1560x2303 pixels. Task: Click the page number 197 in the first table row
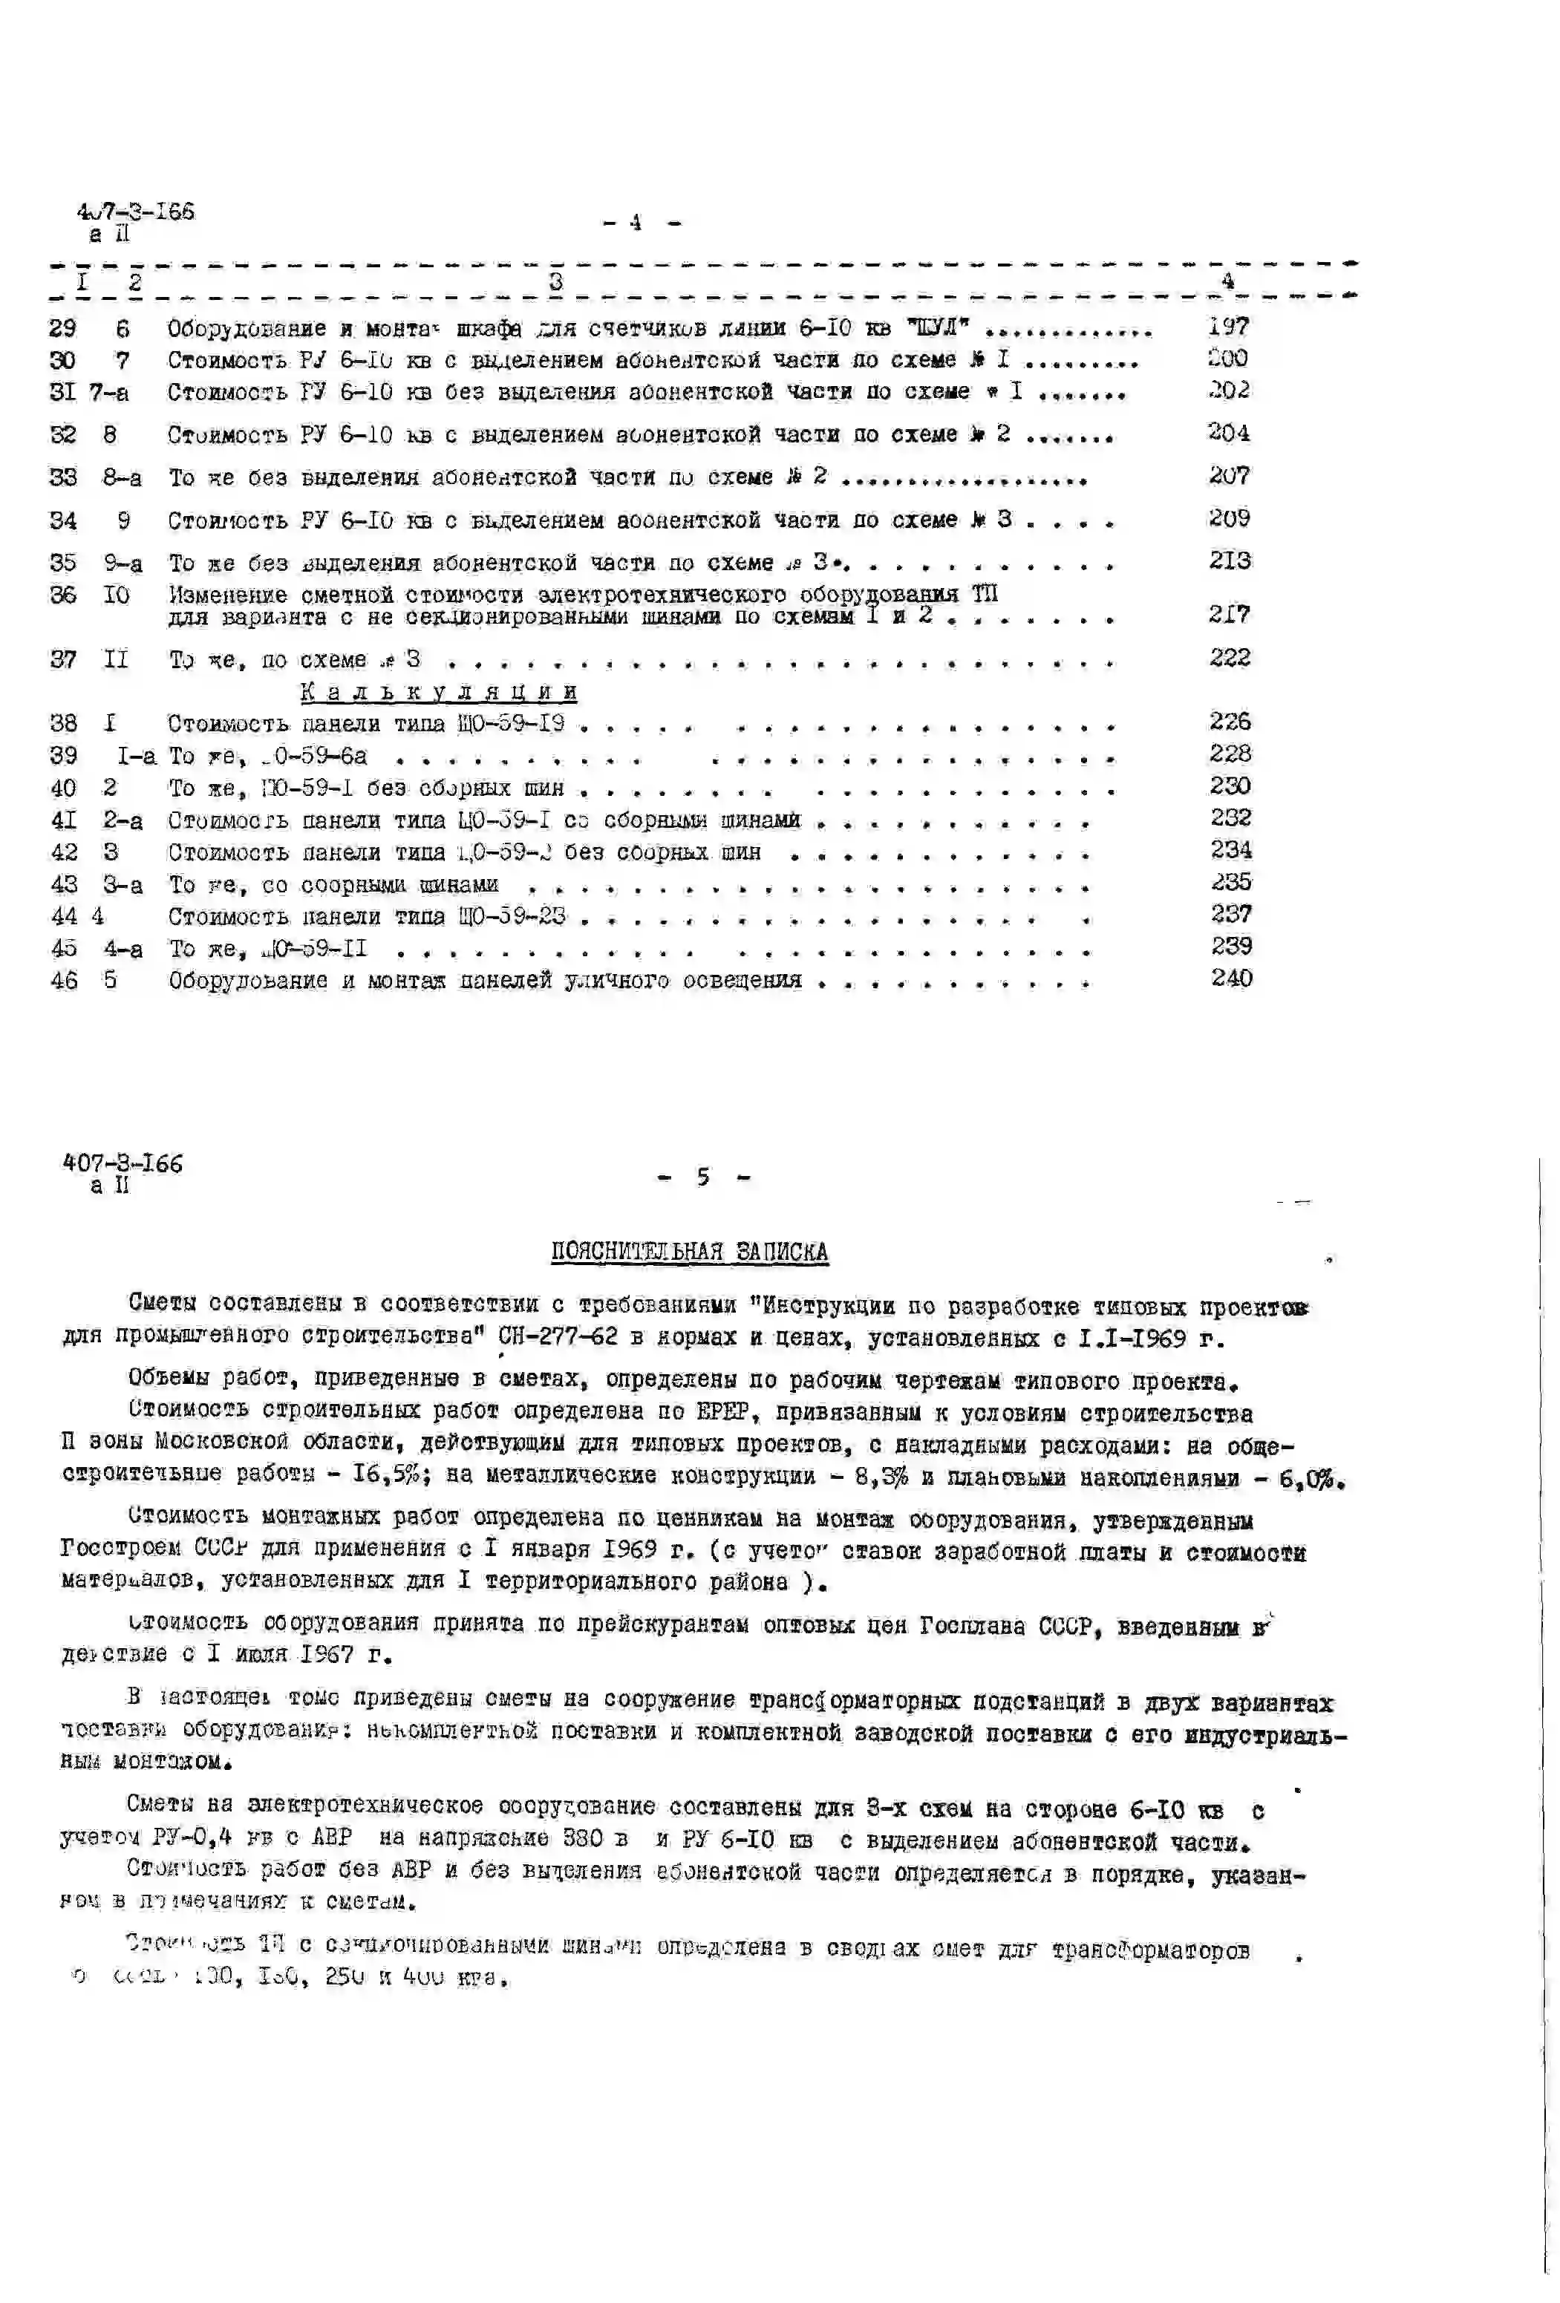click(1228, 326)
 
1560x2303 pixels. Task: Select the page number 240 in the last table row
click(1231, 978)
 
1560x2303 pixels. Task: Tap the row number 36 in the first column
click(62, 595)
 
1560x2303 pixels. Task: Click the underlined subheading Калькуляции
click(438, 692)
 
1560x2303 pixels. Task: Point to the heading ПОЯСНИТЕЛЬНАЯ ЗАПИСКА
click(689, 1252)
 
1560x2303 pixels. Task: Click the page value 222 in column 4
click(1229, 657)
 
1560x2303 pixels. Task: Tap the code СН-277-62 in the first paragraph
click(558, 1337)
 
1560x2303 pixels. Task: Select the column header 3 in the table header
click(556, 281)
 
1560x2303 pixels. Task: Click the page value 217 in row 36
click(1229, 615)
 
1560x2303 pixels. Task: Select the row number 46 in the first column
click(63, 981)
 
